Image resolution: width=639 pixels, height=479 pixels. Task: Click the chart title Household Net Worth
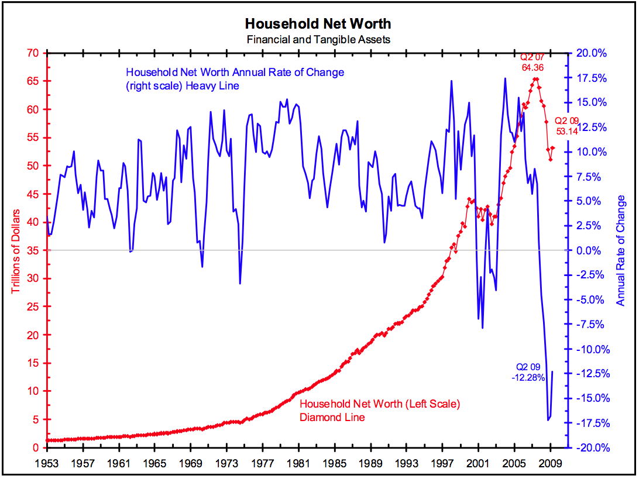click(x=318, y=24)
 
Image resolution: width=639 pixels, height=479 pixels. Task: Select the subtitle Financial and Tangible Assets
click(x=318, y=39)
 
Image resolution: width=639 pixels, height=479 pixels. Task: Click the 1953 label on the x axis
click(x=47, y=462)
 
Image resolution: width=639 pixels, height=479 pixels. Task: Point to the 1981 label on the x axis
click(x=298, y=462)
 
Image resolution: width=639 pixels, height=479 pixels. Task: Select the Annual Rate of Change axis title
click(x=621, y=250)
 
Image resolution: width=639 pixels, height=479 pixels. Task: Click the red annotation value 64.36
click(x=534, y=68)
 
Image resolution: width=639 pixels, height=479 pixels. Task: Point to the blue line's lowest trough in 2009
click(x=548, y=420)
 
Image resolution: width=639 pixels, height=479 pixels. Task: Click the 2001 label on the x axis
click(x=478, y=462)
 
